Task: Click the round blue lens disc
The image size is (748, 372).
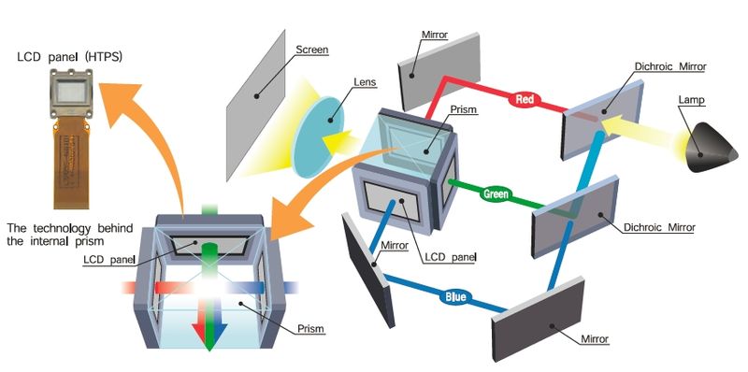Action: click(x=320, y=141)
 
